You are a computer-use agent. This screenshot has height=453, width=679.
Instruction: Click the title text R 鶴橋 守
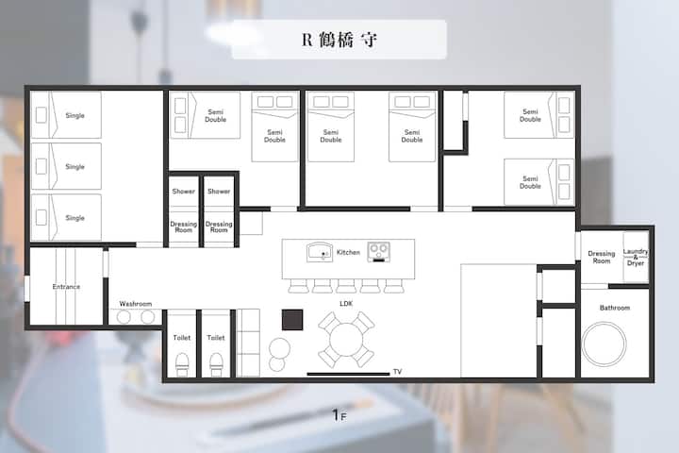pos(339,40)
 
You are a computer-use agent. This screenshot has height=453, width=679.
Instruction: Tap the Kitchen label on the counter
pos(348,252)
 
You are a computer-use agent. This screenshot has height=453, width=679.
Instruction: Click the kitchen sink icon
pos(320,252)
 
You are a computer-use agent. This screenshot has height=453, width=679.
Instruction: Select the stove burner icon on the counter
pos(378,252)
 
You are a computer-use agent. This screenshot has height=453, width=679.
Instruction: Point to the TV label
pos(398,372)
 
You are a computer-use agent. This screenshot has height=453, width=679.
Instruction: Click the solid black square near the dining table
pos(292,320)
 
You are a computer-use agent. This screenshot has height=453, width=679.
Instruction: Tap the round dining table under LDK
pos(346,340)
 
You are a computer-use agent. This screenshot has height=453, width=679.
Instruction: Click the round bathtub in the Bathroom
pos(604,344)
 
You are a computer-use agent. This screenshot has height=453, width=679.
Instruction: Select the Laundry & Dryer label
pos(636,257)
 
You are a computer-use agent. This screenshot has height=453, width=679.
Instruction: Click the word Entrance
pos(66,287)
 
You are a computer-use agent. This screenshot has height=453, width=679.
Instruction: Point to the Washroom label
pos(136,304)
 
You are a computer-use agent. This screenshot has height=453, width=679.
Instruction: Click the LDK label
pos(346,304)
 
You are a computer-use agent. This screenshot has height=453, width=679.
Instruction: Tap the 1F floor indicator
pos(339,415)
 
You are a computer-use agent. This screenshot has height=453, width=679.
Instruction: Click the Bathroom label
pos(615,308)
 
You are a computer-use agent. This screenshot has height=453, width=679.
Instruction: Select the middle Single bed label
pos(75,167)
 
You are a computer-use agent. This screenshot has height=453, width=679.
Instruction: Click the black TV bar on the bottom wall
pos(348,374)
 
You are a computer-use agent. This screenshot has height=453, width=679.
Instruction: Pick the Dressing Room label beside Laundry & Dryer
pos(602,257)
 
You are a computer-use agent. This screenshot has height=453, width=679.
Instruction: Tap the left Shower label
pos(183,192)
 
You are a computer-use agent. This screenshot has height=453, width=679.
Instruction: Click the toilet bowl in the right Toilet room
pos(217,364)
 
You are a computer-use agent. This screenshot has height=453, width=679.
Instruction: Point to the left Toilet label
pos(181,338)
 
